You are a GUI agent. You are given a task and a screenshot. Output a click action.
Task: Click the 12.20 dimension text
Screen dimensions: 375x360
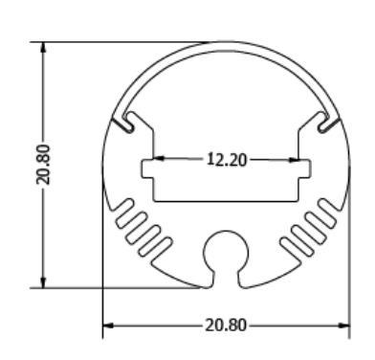point(227,159)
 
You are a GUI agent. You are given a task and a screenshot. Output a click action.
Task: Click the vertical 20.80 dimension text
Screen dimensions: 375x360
point(43,165)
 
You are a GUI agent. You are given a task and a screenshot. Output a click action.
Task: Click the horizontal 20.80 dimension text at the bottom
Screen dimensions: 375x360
point(226,326)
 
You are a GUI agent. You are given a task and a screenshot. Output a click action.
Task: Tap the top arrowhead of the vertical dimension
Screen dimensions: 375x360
point(43,47)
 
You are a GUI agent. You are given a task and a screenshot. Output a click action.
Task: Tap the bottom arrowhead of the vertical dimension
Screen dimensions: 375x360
point(43,282)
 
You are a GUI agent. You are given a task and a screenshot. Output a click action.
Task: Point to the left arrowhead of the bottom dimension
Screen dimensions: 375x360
point(108,326)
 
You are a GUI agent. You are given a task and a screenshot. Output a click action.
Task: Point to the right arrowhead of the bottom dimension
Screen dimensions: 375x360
point(343,326)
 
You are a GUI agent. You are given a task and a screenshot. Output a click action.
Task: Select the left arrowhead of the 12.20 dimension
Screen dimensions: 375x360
point(159,158)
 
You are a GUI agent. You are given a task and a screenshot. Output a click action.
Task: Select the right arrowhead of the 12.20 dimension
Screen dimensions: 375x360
point(294,160)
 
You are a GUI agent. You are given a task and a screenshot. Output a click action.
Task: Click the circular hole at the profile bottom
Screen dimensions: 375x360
point(226,252)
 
